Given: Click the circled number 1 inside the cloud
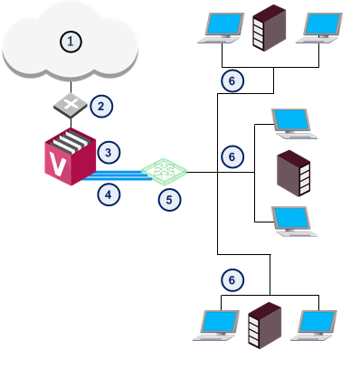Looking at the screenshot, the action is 71,42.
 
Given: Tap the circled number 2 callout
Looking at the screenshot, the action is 101,106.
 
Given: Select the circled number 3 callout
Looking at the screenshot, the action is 109,153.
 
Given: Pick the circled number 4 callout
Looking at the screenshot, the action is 109,194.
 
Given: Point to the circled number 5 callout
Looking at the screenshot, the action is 169,200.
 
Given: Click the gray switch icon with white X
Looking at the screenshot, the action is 71,106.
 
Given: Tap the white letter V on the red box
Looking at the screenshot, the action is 58,165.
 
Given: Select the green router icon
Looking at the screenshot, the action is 164,172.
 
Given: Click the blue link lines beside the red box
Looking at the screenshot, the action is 118,175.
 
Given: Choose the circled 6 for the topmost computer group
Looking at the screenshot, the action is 232,80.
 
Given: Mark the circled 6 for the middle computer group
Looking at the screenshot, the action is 232,156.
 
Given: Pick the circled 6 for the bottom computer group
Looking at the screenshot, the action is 232,280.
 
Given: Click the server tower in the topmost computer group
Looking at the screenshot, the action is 270,28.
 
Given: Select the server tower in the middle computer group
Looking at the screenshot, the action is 293,174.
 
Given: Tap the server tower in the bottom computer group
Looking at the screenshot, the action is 265,326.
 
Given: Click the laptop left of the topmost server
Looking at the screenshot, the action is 221,28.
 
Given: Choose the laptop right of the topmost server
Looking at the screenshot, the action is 319,28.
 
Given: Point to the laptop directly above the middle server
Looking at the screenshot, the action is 294,124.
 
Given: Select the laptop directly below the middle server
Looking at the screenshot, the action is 294,222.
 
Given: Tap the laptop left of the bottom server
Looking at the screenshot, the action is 216,326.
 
